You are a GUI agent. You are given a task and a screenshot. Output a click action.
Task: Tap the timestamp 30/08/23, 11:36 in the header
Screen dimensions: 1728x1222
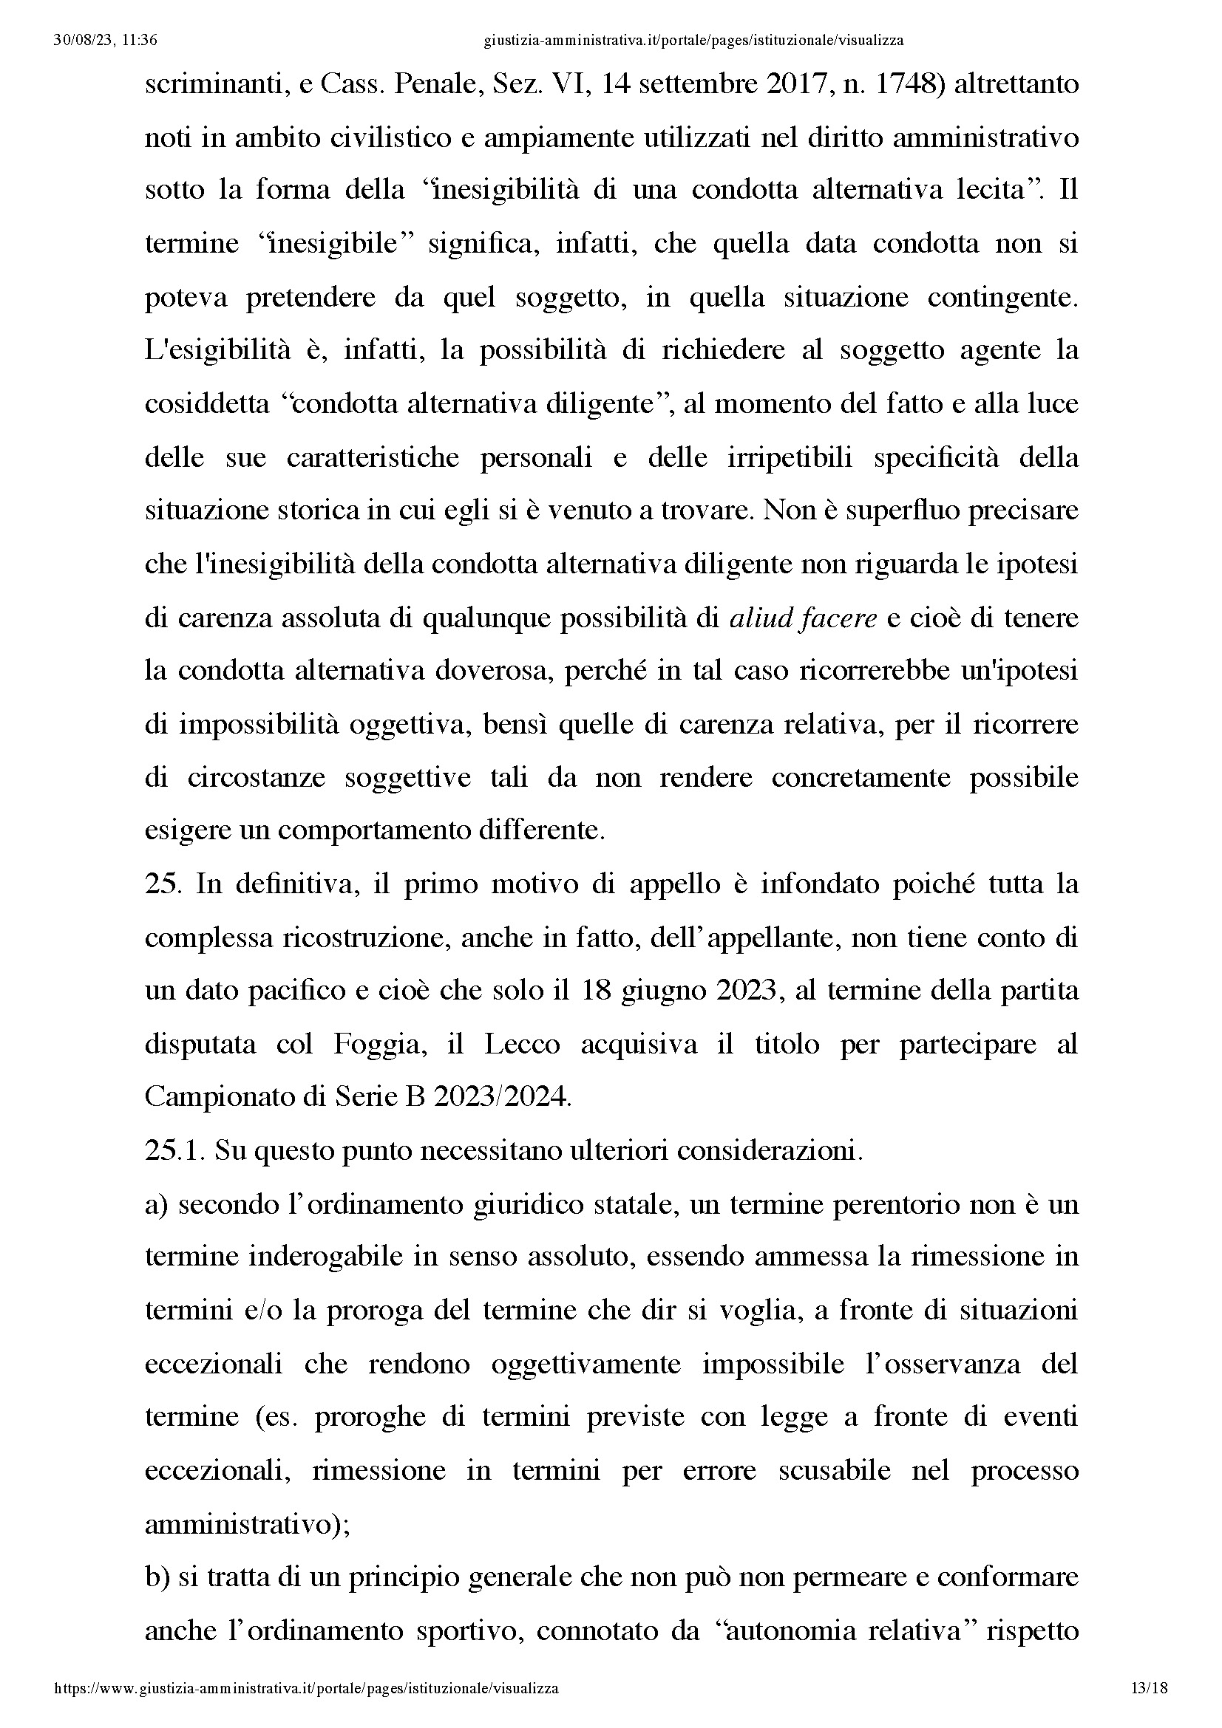tap(106, 41)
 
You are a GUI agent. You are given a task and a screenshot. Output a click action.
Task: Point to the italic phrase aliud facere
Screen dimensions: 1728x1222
tap(804, 618)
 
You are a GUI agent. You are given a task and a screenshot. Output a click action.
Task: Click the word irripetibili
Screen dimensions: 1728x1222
tap(789, 457)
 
